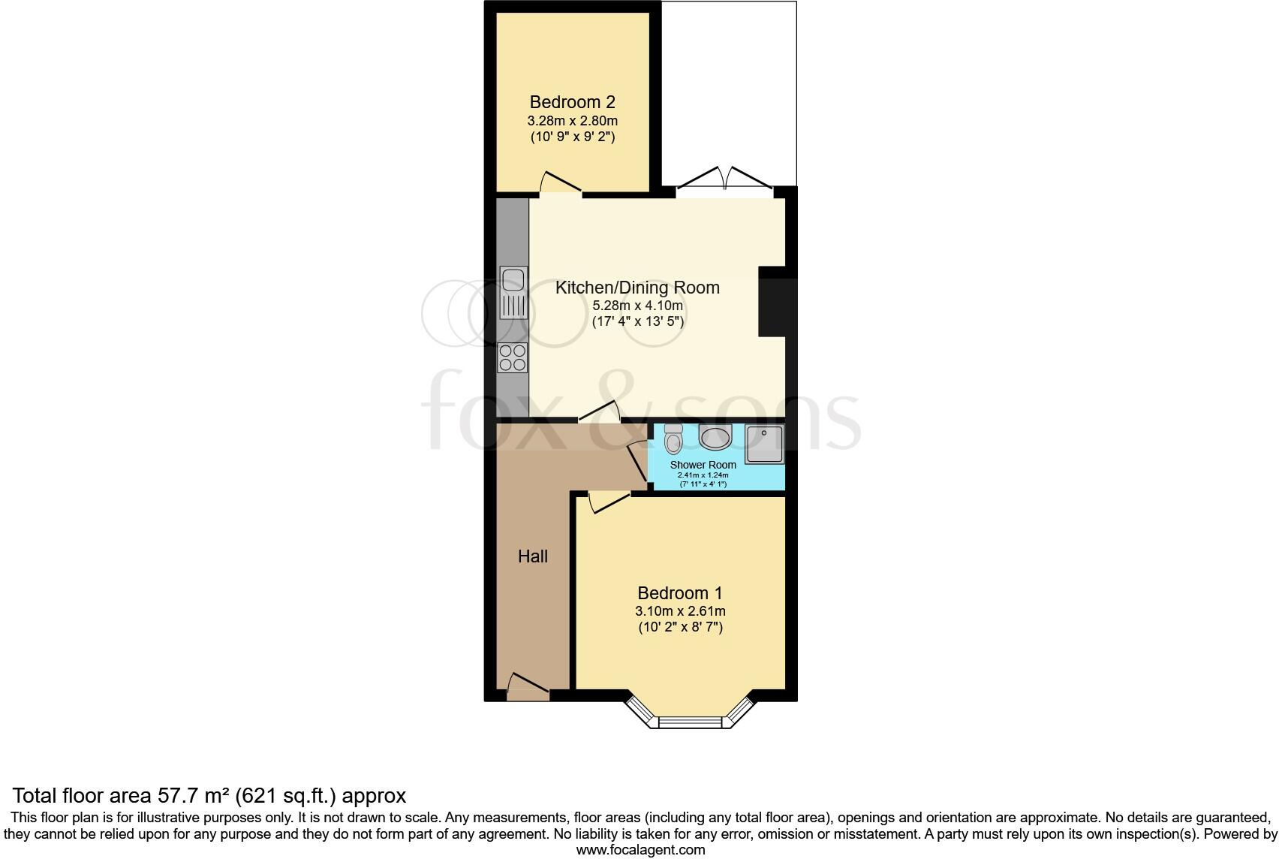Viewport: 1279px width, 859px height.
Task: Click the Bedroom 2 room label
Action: [573, 102]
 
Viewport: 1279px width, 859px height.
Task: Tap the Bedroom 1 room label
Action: [679, 593]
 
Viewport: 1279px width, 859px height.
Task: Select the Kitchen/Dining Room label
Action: [637, 288]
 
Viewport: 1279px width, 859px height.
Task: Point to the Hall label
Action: [533, 556]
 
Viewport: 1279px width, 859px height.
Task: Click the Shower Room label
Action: [703, 465]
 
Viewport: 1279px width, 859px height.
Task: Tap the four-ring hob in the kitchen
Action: [513, 357]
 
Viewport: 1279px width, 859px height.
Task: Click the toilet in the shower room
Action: [673, 439]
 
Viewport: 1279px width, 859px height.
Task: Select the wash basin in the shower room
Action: [715, 436]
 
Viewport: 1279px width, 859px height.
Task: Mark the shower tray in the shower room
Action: [764, 445]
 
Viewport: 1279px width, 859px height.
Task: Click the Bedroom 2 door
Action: [560, 185]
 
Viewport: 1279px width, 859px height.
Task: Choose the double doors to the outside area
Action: [724, 180]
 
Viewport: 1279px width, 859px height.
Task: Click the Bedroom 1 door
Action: [608, 501]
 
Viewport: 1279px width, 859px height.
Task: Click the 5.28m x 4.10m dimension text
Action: [637, 306]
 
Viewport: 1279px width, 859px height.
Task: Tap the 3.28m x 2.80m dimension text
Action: [573, 121]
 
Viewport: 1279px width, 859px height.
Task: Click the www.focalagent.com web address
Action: [640, 850]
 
